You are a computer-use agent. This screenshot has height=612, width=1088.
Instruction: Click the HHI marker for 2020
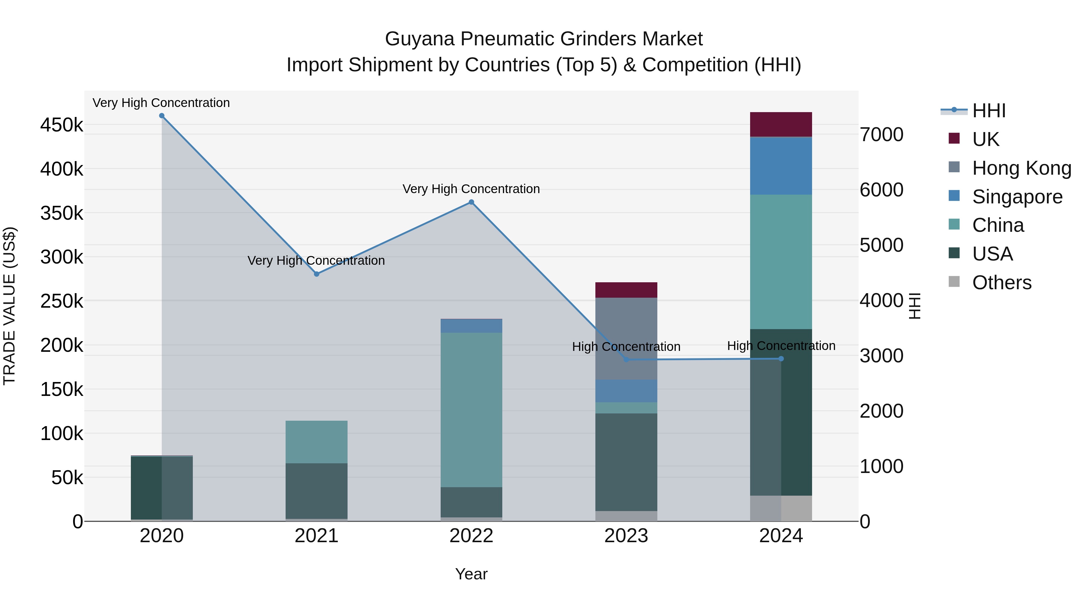162,116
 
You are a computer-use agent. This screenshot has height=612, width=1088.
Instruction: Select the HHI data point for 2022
471,202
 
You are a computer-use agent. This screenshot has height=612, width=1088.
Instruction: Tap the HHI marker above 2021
317,274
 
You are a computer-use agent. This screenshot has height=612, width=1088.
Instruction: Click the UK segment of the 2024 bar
781,124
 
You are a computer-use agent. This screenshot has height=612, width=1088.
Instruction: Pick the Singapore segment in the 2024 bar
781,166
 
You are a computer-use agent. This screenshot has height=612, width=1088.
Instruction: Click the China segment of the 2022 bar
471,410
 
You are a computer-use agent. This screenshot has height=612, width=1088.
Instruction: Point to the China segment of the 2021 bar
317,442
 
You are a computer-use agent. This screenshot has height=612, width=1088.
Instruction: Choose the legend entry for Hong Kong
1021,168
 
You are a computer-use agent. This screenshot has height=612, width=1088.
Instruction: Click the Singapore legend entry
1017,197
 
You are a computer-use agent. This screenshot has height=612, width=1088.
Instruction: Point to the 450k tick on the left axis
62,125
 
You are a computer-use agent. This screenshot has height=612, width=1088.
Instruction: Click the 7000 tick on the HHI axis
882,135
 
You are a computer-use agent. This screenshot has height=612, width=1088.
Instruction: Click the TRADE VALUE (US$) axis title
10,306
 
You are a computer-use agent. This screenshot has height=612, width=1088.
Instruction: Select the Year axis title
471,574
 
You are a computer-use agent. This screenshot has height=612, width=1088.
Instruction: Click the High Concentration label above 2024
781,346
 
